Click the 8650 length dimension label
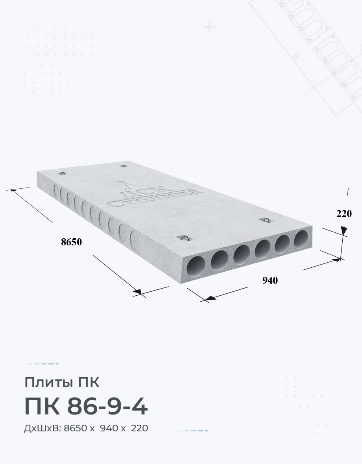pos(71,242)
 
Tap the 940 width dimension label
pos(270,280)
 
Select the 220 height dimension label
pos(344,214)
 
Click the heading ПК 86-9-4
pos(86,407)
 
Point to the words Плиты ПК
pos(62,382)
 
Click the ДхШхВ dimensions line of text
pos(86,428)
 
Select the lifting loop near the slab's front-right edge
pos(266,220)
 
